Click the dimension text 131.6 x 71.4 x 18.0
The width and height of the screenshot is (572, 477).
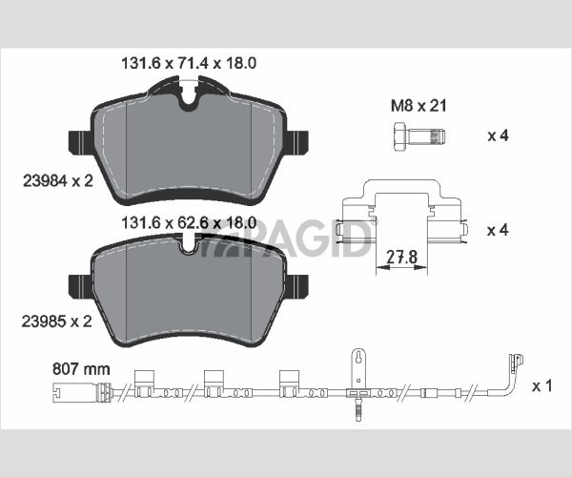coord(189,63)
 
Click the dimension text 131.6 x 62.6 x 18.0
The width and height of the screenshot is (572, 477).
coord(189,222)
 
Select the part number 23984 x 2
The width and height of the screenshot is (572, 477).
coord(58,180)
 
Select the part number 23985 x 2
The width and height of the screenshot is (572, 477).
coord(57,321)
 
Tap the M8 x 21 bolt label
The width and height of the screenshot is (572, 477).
coord(419,106)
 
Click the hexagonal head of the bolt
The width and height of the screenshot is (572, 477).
coord(400,136)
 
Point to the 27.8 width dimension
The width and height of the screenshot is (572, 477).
coord(401,257)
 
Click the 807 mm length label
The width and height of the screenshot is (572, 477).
coord(81,369)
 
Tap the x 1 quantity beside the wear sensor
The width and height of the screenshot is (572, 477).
coord(542,386)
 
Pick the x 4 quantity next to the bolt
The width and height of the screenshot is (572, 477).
coord(498,135)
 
